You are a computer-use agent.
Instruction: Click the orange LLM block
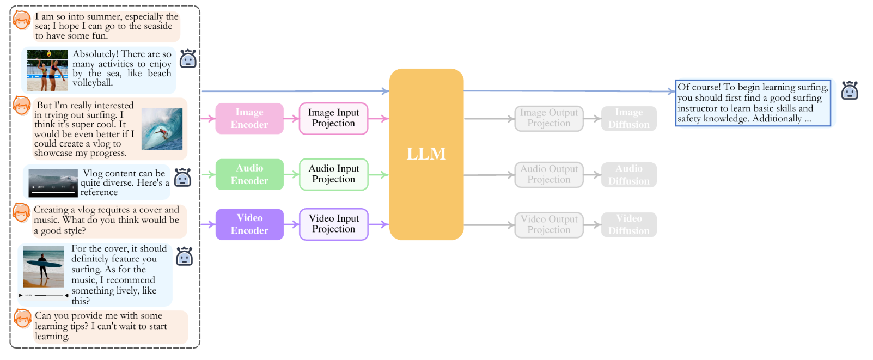pos(426,154)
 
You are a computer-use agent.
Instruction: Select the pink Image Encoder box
pos(249,118)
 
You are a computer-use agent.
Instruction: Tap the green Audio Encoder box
pos(249,174)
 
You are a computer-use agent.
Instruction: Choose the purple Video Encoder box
pos(249,224)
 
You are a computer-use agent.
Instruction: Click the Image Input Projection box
pos(333,118)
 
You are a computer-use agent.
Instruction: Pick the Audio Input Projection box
pos(333,174)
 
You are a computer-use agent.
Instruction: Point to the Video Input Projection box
pos(333,224)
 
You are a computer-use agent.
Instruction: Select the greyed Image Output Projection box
pos(548,118)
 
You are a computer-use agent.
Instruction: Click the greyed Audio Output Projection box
pos(548,175)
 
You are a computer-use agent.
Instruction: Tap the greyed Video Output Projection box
pos(548,224)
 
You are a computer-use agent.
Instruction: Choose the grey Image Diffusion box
pos(628,118)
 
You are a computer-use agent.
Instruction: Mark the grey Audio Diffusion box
pos(628,175)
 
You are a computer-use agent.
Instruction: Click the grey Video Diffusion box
pos(628,224)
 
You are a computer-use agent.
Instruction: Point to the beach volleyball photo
pos(47,70)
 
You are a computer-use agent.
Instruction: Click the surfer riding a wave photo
pos(162,129)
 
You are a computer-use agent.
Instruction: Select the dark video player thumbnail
pos(53,183)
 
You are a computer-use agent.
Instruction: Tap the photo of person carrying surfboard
pos(44,267)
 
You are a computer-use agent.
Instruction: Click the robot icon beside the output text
pos(849,90)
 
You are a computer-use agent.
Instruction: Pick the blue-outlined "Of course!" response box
pos(753,103)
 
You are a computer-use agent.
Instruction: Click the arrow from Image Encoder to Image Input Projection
pos(291,118)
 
